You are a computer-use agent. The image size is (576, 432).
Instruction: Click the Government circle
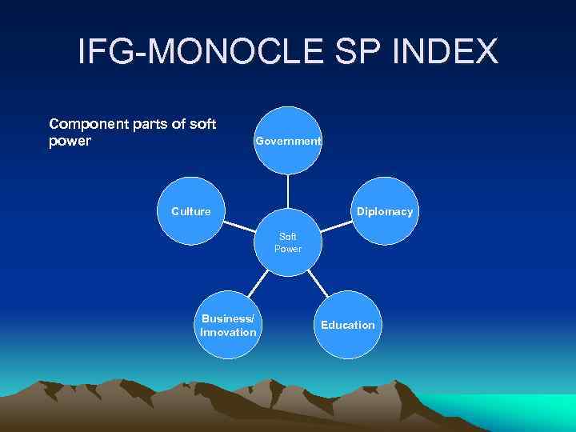pyautogui.click(x=288, y=141)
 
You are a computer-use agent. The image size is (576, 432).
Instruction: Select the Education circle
pyautogui.click(x=347, y=325)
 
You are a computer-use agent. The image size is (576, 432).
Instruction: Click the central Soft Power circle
pyautogui.click(x=288, y=243)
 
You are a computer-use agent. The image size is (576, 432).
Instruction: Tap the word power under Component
pyautogui.click(x=70, y=141)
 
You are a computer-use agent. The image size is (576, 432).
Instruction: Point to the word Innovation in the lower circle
pyautogui.click(x=229, y=332)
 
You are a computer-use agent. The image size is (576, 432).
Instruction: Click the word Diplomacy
pyautogui.click(x=385, y=212)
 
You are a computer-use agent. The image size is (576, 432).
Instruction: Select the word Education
pyautogui.click(x=347, y=325)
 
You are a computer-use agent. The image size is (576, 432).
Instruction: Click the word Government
pyautogui.click(x=288, y=141)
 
